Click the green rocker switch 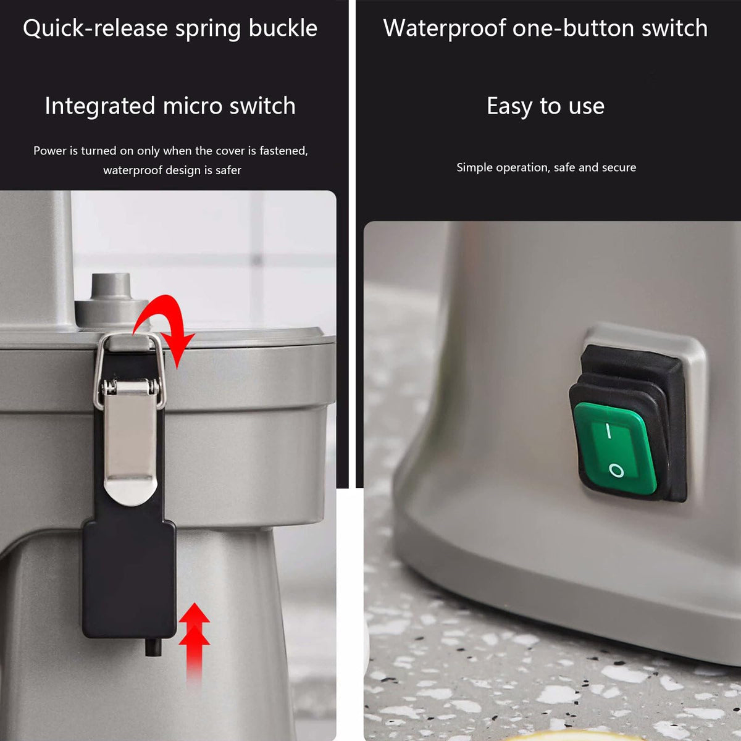614,448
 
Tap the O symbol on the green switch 616,471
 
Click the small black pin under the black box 153,647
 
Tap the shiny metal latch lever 130,442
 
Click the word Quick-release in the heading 95,28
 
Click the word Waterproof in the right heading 444,29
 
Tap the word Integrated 100,106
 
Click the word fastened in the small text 284,151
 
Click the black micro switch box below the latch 129,579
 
